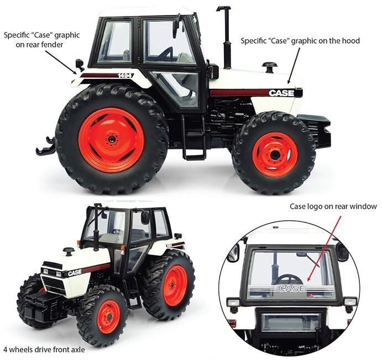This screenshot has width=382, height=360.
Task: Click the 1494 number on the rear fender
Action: coord(125,76)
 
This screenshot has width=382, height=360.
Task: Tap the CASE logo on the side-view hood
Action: coord(281,93)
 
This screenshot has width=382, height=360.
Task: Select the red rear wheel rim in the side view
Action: coord(111,140)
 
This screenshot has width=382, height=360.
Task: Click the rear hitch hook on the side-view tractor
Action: coord(46,146)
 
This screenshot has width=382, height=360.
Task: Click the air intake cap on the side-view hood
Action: coord(270,67)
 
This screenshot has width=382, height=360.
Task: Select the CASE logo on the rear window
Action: coord(291,288)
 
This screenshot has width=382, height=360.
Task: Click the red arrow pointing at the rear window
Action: coord(325,248)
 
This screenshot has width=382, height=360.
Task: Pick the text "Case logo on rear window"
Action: coord(333,207)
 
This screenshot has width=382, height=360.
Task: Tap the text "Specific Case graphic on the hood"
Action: coord(300,41)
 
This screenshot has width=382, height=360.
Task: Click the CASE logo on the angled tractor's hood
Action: coord(75,273)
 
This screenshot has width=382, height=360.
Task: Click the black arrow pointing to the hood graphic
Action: coord(294,65)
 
